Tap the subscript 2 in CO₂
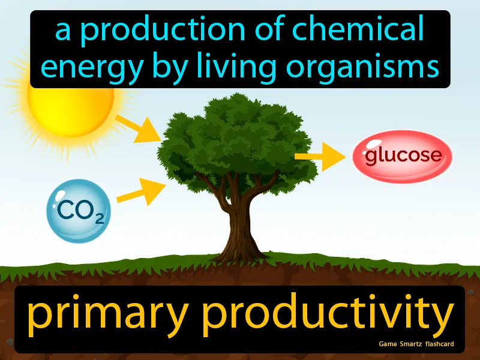coord(98,218)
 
